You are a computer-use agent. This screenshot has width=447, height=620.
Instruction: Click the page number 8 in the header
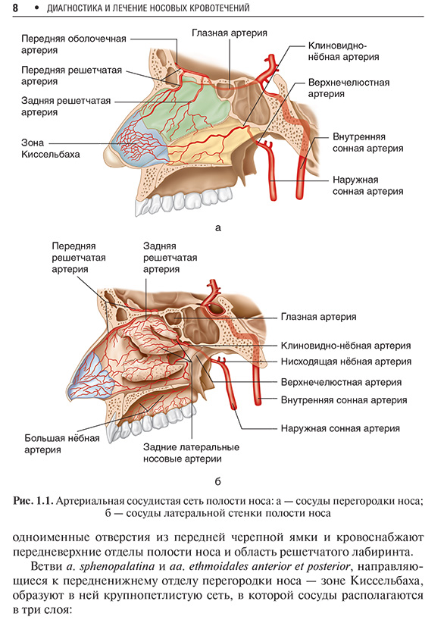pos(15,8)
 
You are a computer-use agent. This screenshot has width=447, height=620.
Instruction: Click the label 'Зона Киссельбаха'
pos(50,149)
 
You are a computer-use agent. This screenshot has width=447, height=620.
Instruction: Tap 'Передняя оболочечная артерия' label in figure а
pos(73,44)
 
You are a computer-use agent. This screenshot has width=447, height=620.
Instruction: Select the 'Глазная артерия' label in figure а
pos(230,33)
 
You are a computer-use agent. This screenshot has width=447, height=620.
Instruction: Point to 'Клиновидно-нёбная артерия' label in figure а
pos(343,52)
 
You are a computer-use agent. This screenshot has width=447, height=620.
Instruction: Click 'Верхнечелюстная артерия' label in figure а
pos(349,88)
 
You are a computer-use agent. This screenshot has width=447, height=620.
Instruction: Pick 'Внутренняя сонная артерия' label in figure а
pos(368,142)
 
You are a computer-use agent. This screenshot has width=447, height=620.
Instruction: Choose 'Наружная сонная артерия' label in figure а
pos(368,186)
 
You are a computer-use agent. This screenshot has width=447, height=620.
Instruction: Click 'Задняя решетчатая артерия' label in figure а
pos(66,106)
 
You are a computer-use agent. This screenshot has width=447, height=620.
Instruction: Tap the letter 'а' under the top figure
pos(217,227)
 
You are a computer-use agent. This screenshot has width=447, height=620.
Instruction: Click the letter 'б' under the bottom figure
pos(217,481)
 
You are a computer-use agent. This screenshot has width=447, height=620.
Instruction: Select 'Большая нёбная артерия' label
pos(62,443)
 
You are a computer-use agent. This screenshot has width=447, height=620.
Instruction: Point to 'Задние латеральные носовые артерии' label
pos(191,453)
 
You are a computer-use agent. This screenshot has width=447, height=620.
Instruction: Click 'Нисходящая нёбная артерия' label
pos(345,362)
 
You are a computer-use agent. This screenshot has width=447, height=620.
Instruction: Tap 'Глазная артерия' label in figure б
pos(318,317)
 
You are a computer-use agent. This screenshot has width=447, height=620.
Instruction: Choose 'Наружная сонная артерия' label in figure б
pos(340,428)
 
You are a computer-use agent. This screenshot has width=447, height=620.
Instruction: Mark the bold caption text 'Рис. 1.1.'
pos(33,501)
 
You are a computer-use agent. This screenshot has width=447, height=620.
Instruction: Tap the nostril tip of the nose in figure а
pos(112,158)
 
